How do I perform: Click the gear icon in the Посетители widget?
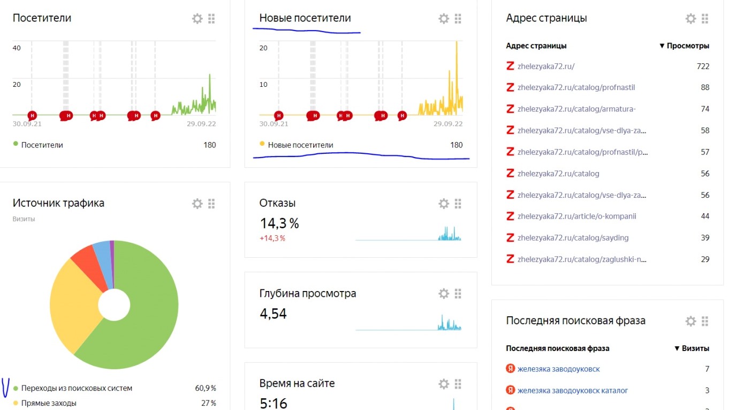pos(198,19)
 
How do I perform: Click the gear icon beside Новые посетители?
pos(444,19)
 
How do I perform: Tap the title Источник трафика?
pos(58,203)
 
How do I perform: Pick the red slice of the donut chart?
pos(85,257)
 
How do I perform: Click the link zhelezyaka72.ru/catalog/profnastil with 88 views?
pos(576,87)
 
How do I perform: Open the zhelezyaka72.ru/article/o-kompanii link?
pos(576,216)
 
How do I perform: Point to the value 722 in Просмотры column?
pos(703,66)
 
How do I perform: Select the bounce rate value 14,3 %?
pos(279,223)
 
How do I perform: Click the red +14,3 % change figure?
pos(272,238)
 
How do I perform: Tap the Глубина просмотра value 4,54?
pos(274,314)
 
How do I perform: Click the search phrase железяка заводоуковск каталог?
pos(572,390)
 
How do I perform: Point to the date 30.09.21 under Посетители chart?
pos(27,124)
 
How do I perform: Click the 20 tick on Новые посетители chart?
pos(263,48)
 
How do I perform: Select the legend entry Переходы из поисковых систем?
pos(77,388)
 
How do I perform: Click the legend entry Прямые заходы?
pos(49,403)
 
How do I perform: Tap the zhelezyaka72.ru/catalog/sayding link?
pos(573,237)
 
